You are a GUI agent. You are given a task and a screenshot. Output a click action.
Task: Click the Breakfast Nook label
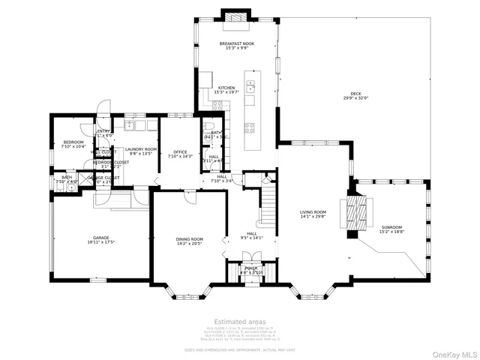click(236, 44)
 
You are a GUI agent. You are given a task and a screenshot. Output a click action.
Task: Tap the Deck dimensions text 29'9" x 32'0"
click(355, 97)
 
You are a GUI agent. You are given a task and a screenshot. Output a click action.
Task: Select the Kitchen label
click(226, 88)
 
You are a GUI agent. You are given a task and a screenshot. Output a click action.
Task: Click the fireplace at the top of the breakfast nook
click(236, 18)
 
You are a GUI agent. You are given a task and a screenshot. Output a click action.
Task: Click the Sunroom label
click(391, 227)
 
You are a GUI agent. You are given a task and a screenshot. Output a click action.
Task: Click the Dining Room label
click(190, 238)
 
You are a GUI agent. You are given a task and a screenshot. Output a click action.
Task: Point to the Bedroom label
click(73, 142)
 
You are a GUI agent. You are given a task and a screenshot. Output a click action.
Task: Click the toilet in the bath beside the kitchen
click(208, 127)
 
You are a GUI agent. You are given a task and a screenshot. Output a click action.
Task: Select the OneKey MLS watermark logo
click(451, 352)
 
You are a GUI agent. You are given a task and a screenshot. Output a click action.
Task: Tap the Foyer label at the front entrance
click(251, 268)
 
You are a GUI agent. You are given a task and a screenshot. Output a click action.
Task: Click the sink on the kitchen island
click(250, 85)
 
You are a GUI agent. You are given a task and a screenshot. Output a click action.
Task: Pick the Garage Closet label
click(103, 178)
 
